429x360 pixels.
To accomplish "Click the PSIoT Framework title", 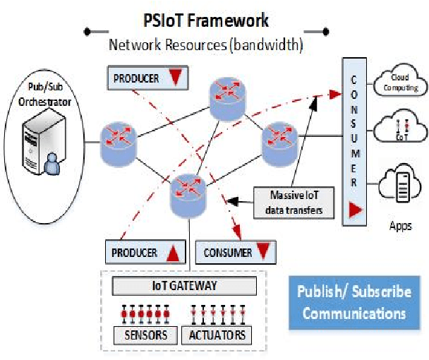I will pyautogui.click(x=205, y=20).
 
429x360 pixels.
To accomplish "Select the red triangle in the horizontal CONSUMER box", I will pyautogui.click(x=262, y=252).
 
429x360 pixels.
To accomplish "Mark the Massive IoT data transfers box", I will pyautogui.click(x=293, y=202).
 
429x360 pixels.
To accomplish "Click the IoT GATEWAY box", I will pyautogui.click(x=185, y=286).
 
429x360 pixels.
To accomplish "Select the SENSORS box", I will pyautogui.click(x=146, y=334).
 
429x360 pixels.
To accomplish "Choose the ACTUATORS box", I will pyautogui.click(x=217, y=334).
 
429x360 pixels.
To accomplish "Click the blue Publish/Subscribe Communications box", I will pyautogui.click(x=354, y=303).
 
